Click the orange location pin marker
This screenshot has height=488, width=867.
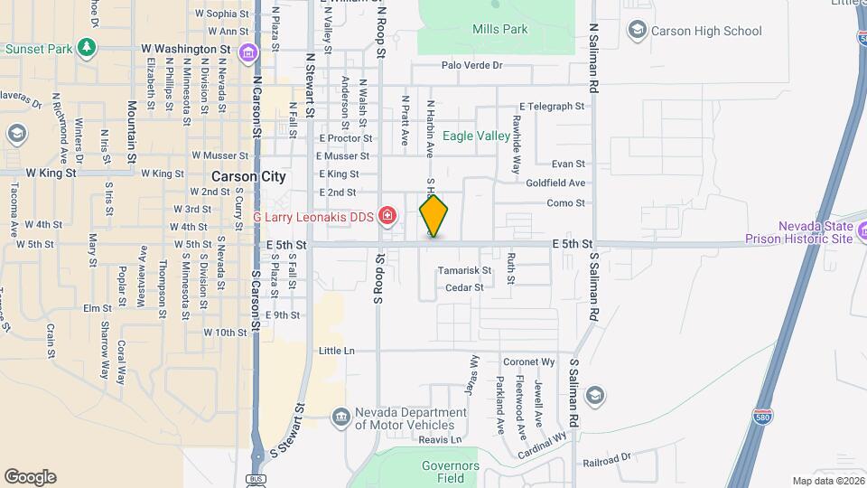(x=433, y=216)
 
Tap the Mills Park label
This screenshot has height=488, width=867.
(x=499, y=30)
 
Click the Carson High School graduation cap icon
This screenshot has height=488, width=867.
(x=639, y=31)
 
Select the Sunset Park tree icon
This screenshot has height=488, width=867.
(x=87, y=46)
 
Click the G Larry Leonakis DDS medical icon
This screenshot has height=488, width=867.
(x=387, y=215)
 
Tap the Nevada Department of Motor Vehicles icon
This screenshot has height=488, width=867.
(x=340, y=417)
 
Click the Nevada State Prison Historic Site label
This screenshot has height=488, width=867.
(x=799, y=232)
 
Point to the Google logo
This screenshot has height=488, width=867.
(x=30, y=477)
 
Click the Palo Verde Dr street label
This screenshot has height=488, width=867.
(x=471, y=65)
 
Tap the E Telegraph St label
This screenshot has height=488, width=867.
(x=552, y=107)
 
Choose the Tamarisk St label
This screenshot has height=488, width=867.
(x=464, y=270)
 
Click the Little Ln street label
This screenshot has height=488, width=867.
(x=337, y=350)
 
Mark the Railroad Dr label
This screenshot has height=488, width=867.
(x=606, y=459)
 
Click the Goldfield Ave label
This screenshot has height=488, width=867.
(x=556, y=183)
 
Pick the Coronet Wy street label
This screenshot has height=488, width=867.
(x=528, y=361)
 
